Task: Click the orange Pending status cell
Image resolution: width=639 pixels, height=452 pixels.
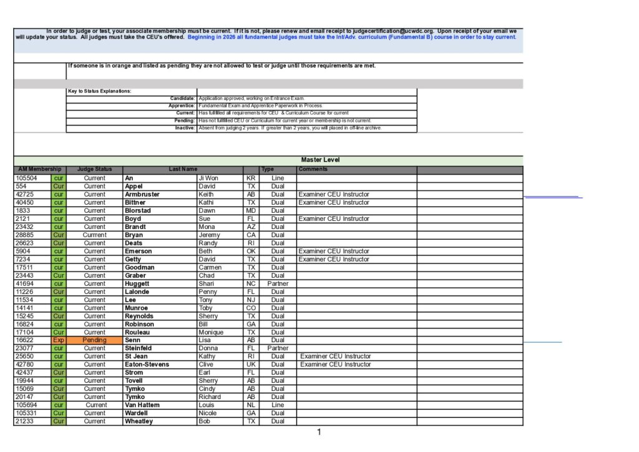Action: (95, 340)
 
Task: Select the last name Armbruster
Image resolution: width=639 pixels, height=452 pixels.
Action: (142, 194)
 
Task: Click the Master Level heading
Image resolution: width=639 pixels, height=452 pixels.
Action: (320, 160)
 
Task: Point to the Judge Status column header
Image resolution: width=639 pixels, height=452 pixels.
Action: (95, 169)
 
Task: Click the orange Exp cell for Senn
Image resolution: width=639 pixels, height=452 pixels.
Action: (59, 340)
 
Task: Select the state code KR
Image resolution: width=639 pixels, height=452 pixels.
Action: (251, 178)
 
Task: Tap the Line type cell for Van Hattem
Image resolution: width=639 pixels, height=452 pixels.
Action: (278, 405)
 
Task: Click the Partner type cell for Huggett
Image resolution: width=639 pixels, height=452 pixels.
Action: (278, 283)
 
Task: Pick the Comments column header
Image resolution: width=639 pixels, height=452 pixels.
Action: (313, 169)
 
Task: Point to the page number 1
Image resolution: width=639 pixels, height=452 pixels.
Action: (319, 432)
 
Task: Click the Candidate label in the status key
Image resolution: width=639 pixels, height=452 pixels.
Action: (182, 99)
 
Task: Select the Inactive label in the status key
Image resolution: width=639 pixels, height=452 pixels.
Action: (185, 128)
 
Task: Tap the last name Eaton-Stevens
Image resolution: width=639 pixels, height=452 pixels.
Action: (147, 365)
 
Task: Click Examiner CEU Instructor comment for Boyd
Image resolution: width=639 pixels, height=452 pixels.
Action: (334, 219)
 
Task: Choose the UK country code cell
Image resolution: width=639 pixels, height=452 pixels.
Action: (251, 365)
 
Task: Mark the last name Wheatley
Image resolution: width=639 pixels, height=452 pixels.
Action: (139, 421)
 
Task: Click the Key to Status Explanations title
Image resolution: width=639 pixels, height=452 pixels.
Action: (100, 91)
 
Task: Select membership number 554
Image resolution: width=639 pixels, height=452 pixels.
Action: (21, 186)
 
